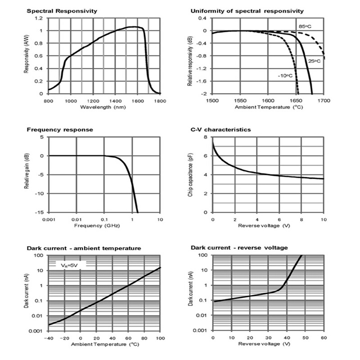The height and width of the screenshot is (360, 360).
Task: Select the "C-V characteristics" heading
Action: pyautogui.click(x=220, y=130)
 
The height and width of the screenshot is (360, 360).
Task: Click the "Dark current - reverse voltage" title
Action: pyautogui.click(x=239, y=248)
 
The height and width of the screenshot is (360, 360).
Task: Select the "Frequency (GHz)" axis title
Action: pyautogui.click(x=103, y=226)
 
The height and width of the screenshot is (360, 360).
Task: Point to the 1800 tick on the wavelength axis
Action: pyautogui.click(x=160, y=101)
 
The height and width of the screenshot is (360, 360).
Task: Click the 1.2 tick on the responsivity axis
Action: pyautogui.click(x=40, y=18)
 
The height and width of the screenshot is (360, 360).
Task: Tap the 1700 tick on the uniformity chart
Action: pyautogui.click(x=323, y=101)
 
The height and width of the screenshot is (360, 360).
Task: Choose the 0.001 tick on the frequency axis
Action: pyautogui.click(x=48, y=219)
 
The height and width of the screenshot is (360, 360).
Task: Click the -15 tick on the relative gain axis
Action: pyautogui.click(x=40, y=212)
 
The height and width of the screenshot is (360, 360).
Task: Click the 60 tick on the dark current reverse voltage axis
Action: pyautogui.click(x=323, y=337)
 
